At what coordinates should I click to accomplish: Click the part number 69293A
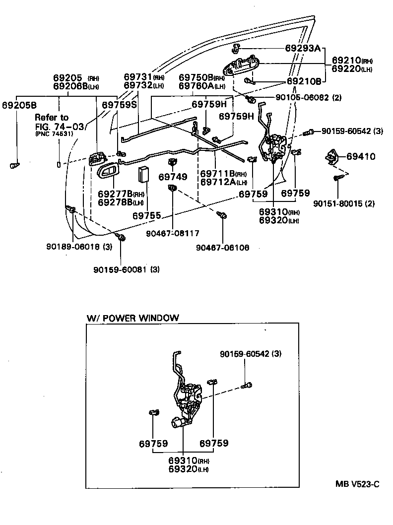point(303,49)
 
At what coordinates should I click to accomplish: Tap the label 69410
point(361,156)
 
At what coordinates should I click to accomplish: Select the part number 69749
point(173,177)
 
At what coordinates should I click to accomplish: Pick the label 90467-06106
point(222,248)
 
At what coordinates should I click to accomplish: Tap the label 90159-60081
point(120,269)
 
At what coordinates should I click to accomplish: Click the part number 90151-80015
point(337,203)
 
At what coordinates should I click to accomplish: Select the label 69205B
point(19,105)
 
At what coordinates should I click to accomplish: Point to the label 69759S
point(119,105)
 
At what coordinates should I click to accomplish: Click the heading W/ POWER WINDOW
point(132,318)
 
